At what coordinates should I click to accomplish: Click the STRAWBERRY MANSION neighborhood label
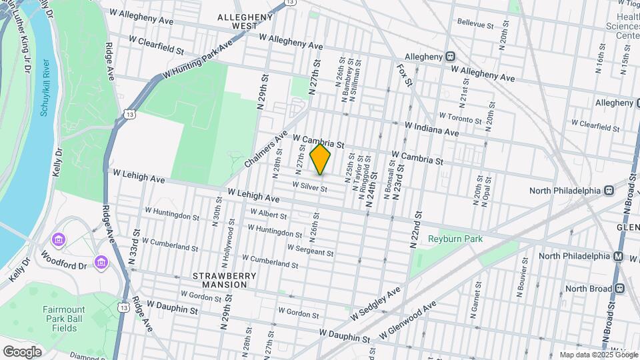click(219, 280)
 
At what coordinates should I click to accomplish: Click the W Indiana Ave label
click(432, 129)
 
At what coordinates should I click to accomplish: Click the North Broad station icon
click(619, 288)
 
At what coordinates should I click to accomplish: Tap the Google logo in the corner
click(22, 351)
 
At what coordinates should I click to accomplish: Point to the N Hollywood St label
click(231, 242)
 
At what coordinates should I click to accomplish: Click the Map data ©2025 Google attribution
click(598, 355)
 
